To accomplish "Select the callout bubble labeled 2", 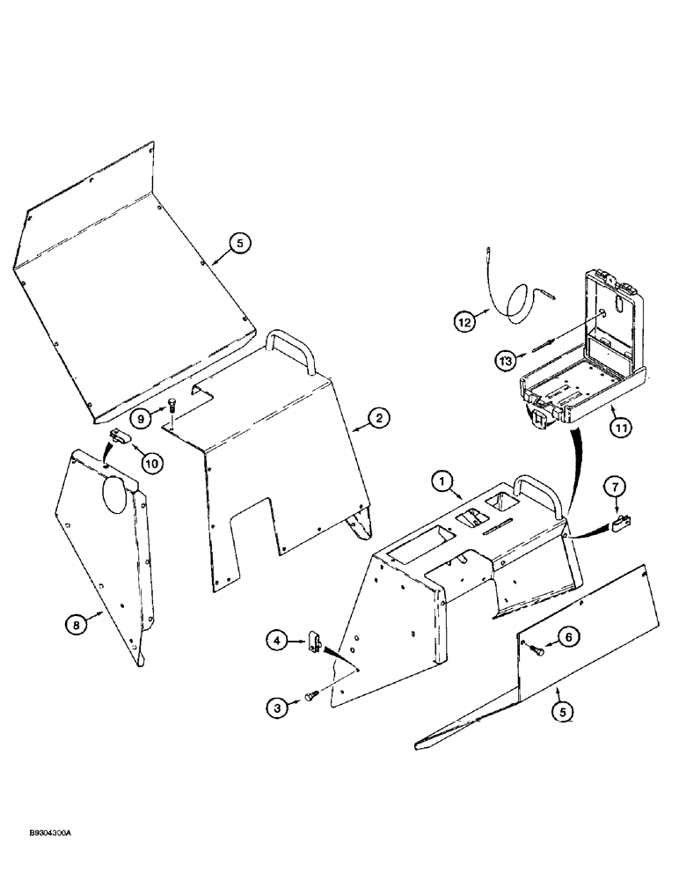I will click(376, 419).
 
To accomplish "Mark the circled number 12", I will click(465, 321).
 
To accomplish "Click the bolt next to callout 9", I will click(172, 407).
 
